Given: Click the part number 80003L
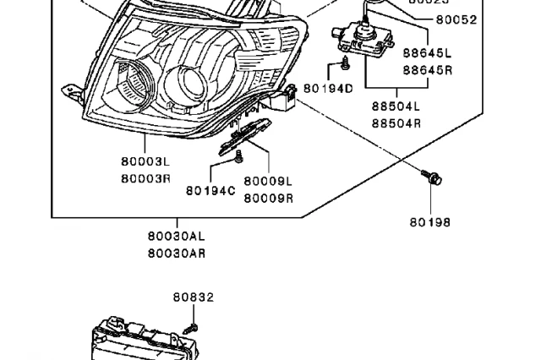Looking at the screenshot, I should pos(145,161).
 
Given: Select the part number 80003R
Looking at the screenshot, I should pos(145,177).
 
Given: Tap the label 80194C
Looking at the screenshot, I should pos(210,191).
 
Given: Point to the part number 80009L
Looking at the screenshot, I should pos(268,182).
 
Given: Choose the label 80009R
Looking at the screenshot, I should pos(268,198).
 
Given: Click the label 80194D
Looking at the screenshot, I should pos(327,87).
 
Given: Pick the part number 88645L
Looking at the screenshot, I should pos(427,53).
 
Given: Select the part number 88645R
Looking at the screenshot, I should pos(427,70).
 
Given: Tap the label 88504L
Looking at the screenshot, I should pos(395,107).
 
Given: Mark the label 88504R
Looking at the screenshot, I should pos(395,123).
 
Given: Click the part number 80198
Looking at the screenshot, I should pos(430,222).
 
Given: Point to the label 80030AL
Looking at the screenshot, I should pos(176,237).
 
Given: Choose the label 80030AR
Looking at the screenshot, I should pos(176,253).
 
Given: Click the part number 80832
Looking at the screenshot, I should pos(194,297).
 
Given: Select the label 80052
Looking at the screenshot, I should pos(456,19).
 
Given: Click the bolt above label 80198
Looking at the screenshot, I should pos(433,177).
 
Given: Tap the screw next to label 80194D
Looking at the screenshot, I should pos(345,64).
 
